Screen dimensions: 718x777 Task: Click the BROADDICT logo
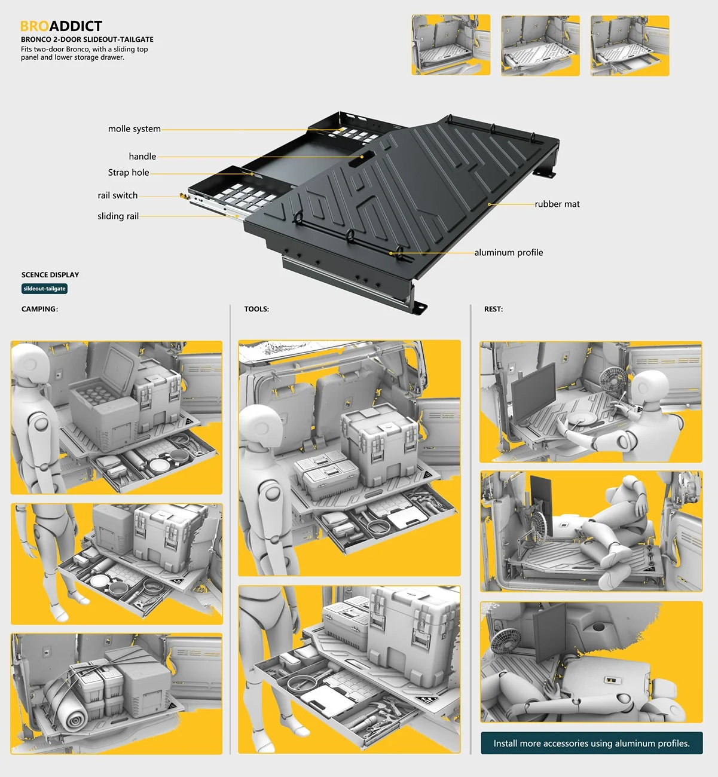click(x=61, y=26)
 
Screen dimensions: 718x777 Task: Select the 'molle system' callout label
click(x=135, y=129)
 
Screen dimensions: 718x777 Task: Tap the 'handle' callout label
click(x=142, y=157)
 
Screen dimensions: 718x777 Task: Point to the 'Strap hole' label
click(x=129, y=173)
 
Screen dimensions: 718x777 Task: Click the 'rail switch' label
click(x=117, y=195)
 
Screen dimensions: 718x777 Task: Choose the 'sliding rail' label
click(x=118, y=216)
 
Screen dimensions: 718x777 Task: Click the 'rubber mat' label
click(x=557, y=204)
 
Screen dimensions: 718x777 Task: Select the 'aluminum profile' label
click(x=509, y=252)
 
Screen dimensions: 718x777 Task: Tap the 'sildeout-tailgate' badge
click(x=44, y=289)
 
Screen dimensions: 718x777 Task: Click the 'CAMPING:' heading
click(x=39, y=309)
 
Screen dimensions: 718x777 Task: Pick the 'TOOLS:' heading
click(x=256, y=309)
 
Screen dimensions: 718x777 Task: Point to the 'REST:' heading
click(x=493, y=309)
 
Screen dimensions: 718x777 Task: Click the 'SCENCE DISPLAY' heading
click(x=50, y=275)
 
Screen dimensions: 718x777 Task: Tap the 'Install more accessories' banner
click(x=591, y=743)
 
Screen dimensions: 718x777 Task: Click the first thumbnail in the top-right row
click(x=451, y=45)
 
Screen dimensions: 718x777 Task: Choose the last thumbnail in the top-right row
click(x=630, y=45)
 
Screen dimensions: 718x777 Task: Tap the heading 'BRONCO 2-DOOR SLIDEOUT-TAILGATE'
click(x=87, y=39)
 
